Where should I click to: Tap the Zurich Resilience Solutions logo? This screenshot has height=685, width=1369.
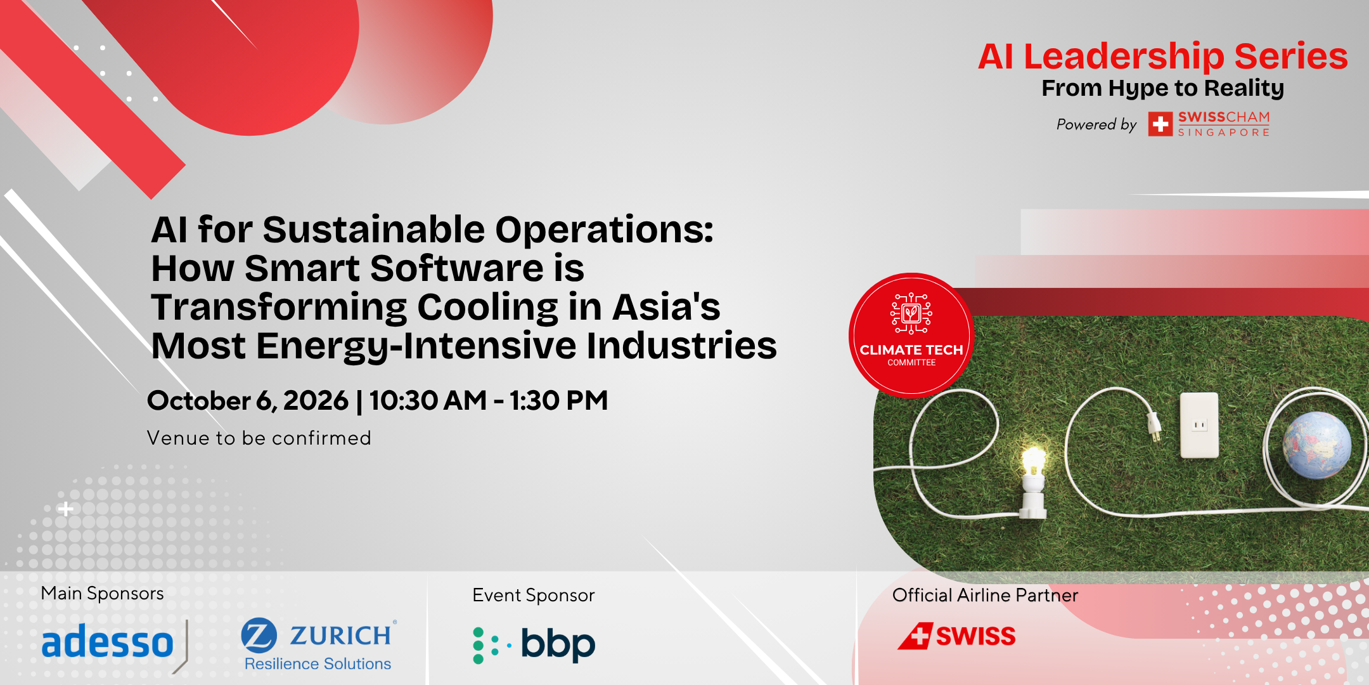(x=319, y=644)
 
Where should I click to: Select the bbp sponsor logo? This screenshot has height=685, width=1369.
(x=534, y=645)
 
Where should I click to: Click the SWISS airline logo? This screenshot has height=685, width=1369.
(x=956, y=636)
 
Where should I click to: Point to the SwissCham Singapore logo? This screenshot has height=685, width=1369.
(x=1209, y=124)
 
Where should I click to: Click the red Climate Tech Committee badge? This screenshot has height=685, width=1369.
(x=911, y=335)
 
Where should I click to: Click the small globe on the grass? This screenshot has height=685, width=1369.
(x=1316, y=445)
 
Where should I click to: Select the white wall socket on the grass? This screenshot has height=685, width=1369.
(x=1199, y=425)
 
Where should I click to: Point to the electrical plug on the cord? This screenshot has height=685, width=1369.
(x=1151, y=426)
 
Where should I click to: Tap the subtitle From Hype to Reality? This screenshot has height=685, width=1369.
(x=1162, y=88)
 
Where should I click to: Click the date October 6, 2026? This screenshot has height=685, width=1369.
(x=248, y=401)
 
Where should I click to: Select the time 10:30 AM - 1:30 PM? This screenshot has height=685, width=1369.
(x=489, y=400)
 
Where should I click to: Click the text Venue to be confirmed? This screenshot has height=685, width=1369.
(x=259, y=438)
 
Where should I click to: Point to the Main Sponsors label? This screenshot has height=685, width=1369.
(x=102, y=594)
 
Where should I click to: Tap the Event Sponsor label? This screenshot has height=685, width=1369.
(x=533, y=596)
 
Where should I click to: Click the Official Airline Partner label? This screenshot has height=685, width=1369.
(x=985, y=595)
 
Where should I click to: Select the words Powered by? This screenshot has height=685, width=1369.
(x=1096, y=124)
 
